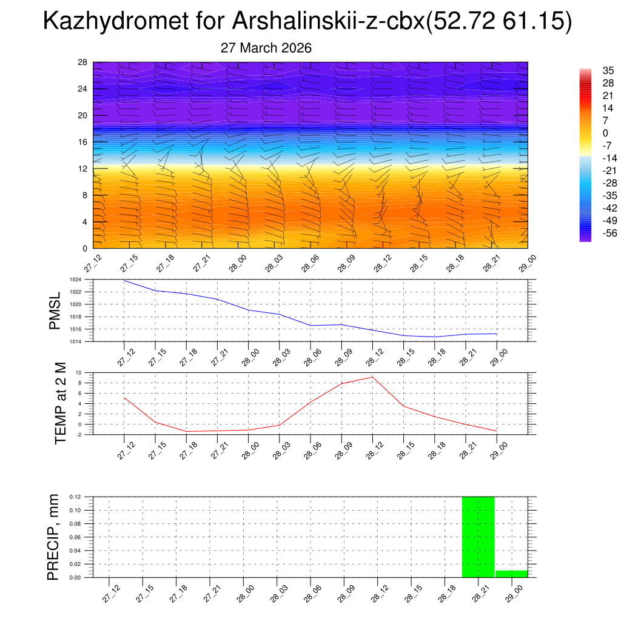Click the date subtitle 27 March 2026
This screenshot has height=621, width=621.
point(266,48)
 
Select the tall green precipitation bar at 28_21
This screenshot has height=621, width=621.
point(478,537)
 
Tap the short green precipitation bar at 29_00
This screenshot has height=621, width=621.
point(511,574)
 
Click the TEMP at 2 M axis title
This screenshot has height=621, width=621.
point(59,403)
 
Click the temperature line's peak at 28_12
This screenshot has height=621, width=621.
point(373,377)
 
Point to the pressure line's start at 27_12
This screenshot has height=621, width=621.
point(124,280)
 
